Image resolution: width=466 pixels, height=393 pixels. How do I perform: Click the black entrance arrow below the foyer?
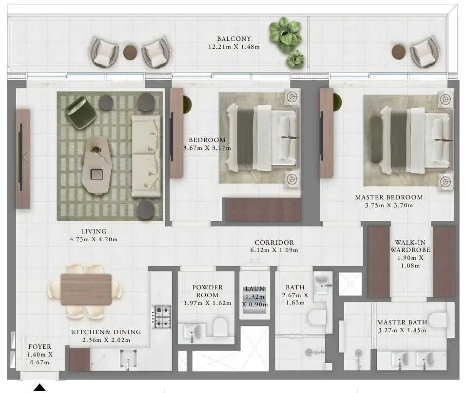[39, 387]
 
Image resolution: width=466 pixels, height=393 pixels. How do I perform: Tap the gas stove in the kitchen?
[162, 317]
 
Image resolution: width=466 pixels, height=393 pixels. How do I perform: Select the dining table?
[86, 289]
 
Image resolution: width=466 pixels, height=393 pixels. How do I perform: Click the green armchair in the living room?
[81, 114]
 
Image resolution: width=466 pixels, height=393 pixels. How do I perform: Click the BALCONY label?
[234, 39]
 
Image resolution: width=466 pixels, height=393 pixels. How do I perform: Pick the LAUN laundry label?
[255, 288]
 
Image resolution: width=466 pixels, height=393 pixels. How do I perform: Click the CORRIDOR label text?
[274, 242]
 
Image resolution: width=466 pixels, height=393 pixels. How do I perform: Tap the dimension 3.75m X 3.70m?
[388, 205]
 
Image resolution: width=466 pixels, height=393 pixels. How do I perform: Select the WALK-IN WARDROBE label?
[410, 246]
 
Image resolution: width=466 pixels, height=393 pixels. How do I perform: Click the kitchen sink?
[128, 359]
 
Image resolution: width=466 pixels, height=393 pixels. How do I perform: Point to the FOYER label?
[40, 347]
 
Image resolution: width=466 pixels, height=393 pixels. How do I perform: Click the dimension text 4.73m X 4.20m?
[94, 239]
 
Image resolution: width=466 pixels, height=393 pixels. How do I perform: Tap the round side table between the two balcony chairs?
[130, 52]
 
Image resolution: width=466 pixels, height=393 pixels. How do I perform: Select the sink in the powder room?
[192, 332]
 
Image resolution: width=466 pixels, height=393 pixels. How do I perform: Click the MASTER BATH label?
[402, 322]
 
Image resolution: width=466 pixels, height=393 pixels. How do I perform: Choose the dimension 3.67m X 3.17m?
[207, 148]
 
